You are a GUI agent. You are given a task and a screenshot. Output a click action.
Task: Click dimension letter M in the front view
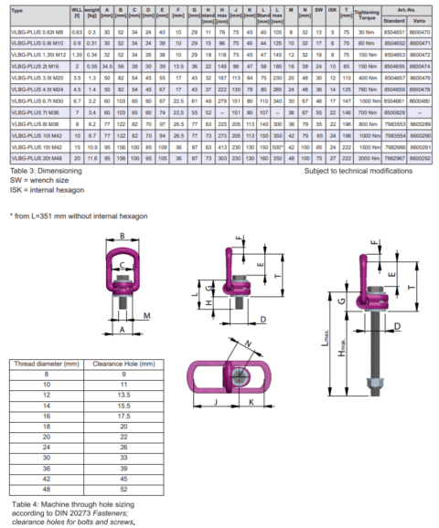pos(148,319)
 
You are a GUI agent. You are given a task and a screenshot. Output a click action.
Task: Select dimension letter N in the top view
pos(250,345)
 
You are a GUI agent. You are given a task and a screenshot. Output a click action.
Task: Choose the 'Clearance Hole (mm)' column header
pos(115,363)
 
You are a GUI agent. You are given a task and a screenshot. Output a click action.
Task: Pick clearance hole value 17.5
pos(114,414)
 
